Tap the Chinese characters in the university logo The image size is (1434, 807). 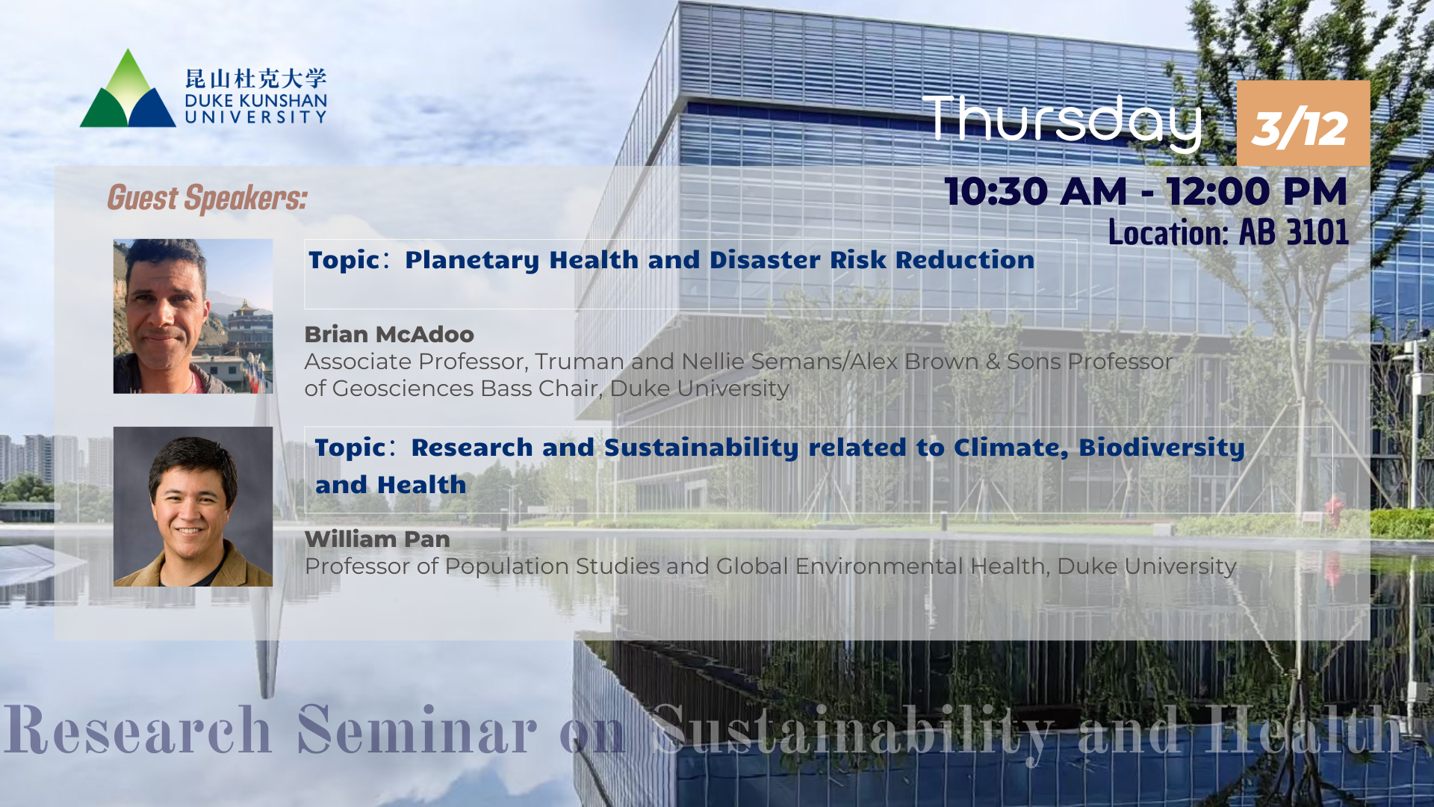tap(256, 78)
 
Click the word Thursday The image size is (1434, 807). tap(1062, 122)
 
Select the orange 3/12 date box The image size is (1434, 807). tap(1303, 123)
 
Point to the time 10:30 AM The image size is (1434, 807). tap(1036, 191)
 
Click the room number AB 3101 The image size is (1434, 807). tap(1294, 232)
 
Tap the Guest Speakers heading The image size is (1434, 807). tap(207, 198)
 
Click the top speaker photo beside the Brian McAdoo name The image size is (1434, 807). tap(193, 316)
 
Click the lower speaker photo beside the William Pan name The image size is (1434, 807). tap(193, 507)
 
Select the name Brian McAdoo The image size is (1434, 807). tap(389, 334)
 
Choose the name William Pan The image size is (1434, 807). tap(377, 539)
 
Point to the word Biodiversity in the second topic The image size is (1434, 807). tap(1161, 448)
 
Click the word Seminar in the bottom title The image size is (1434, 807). tap(417, 729)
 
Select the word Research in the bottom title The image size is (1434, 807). tap(138, 729)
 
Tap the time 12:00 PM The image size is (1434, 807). tap(1257, 191)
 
